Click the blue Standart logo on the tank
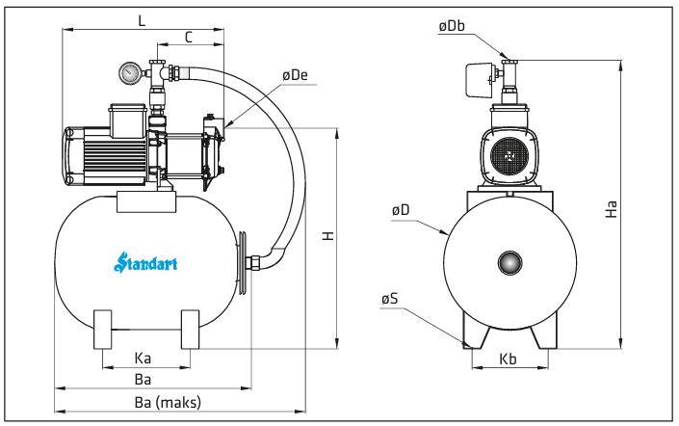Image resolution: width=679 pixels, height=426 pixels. tap(145, 262)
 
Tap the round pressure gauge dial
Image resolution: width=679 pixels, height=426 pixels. tap(130, 73)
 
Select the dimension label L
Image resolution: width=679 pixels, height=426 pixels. tap(142, 20)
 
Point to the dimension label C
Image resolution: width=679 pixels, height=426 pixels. tap(189, 38)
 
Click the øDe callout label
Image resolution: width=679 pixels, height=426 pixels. tap(295, 75)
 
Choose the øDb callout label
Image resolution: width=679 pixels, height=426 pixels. tap(452, 26)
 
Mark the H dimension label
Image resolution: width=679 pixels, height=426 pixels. tap(328, 236)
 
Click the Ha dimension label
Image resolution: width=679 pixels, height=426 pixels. tap(611, 209)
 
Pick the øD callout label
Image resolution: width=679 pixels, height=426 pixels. tap(400, 210)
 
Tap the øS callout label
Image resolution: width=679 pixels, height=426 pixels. tap(390, 299)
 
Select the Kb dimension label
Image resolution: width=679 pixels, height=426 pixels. tap(508, 359)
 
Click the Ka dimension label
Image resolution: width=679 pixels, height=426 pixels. tap(143, 359)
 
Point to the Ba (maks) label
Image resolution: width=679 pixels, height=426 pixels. tap(168, 403)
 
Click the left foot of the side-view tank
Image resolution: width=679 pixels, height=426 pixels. tap(103, 330)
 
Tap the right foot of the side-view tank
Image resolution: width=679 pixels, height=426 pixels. tap(190, 330)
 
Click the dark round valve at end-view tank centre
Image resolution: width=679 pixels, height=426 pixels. tap(509, 262)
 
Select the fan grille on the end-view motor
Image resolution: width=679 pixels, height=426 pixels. tap(509, 156)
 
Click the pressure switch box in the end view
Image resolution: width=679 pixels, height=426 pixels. tap(481, 80)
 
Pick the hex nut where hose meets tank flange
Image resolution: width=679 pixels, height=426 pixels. tap(253, 263)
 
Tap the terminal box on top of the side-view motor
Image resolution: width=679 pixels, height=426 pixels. tap(127, 120)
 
